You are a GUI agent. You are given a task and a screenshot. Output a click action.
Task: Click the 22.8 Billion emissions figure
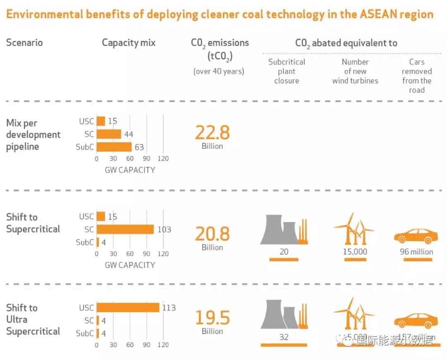click(x=212, y=136)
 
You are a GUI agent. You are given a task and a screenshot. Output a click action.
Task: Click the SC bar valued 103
click(x=125, y=229)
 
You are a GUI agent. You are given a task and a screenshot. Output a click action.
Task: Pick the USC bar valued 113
click(x=128, y=307)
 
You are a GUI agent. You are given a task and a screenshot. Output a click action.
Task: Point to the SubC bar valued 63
click(x=114, y=147)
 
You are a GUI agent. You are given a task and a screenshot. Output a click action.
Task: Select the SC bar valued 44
click(x=109, y=134)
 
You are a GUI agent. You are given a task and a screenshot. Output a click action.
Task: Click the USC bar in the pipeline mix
click(x=101, y=121)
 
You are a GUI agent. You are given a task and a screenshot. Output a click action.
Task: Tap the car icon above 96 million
click(x=416, y=236)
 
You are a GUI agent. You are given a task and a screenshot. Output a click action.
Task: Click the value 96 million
click(x=416, y=252)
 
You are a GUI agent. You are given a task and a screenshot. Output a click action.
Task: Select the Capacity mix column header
click(x=129, y=43)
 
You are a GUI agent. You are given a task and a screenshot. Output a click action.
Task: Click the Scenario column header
click(x=24, y=43)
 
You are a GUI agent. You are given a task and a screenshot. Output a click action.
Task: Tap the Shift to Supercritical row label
click(x=33, y=223)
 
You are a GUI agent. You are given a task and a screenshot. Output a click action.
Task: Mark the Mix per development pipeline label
click(x=33, y=134)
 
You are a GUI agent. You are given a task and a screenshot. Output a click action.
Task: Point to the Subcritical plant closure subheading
click(x=286, y=71)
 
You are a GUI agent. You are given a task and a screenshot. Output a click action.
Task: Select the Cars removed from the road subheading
click(x=417, y=76)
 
